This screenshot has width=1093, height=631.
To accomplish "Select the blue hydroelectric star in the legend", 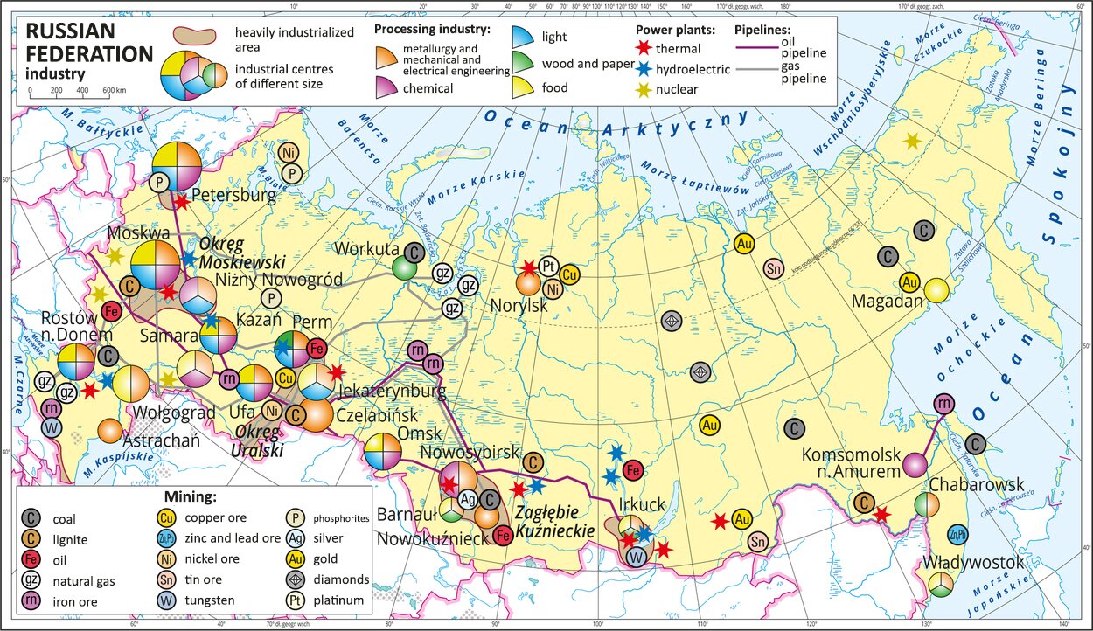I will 644,69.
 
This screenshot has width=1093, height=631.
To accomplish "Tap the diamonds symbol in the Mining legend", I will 297,579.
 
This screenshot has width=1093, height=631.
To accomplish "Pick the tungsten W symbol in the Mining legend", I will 297,600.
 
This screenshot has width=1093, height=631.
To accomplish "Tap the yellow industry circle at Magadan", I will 936,290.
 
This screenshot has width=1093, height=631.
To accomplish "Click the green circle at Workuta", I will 403,267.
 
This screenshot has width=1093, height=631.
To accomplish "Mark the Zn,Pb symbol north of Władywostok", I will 957,535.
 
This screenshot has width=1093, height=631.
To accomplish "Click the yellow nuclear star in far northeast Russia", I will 912,140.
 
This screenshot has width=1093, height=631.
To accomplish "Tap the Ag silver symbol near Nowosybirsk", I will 468,499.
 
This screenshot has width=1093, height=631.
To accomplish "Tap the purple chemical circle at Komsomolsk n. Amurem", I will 915,465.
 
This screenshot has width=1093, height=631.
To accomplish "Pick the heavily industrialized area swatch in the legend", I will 193,36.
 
